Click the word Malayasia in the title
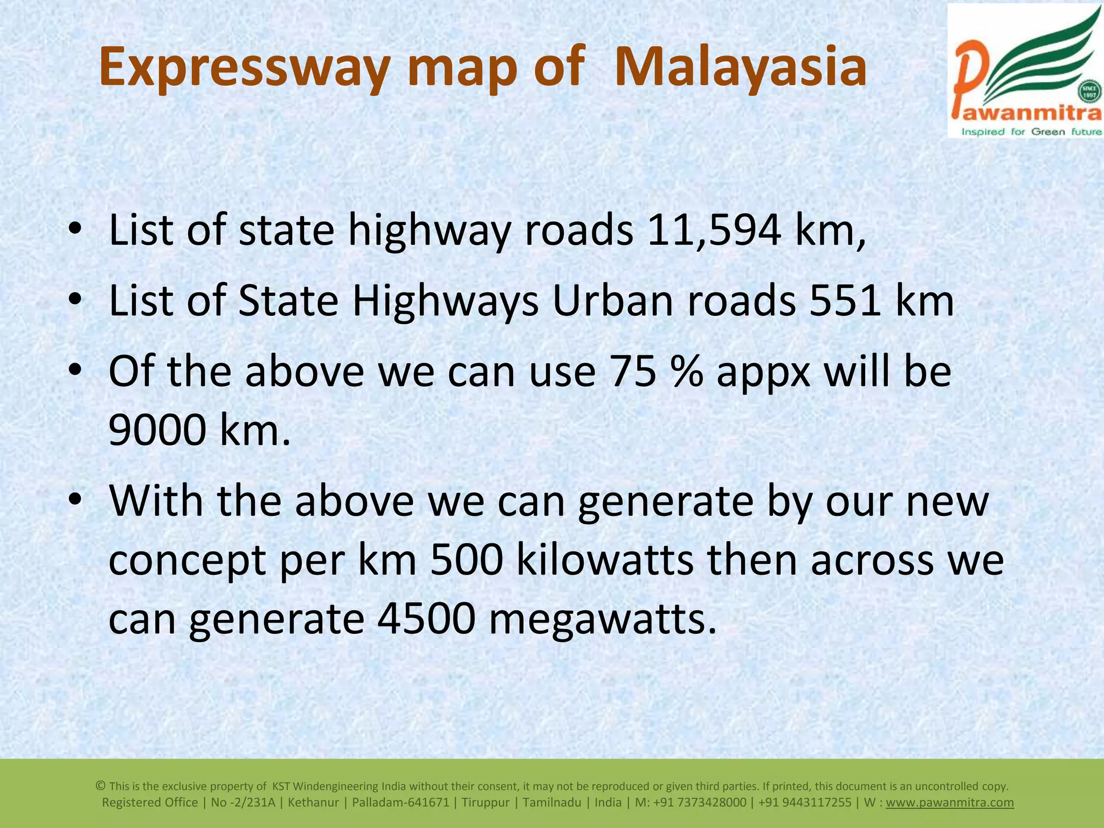[740, 68]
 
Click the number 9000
[157, 431]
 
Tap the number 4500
[426, 619]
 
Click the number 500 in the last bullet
[467, 560]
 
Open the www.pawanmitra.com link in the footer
[950, 803]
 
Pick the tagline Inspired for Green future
[1032, 132]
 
